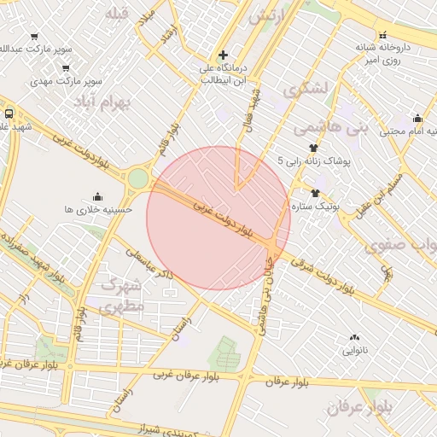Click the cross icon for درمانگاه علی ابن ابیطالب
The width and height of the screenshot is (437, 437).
click(x=223, y=55)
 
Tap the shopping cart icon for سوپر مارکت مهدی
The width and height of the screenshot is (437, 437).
click(x=67, y=67)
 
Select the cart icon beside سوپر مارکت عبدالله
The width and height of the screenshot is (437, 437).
click(x=34, y=36)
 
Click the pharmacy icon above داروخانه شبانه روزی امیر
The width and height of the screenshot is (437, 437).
click(x=385, y=35)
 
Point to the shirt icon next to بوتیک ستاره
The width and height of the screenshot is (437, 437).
click(x=315, y=193)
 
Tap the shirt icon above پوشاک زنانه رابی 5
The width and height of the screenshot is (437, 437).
click(x=312, y=148)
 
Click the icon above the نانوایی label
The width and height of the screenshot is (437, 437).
click(x=354, y=338)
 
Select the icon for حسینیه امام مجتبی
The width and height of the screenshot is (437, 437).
click(x=417, y=119)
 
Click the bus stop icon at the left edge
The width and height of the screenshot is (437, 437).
click(x=9, y=113)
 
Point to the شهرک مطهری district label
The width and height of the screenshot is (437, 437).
click(x=123, y=294)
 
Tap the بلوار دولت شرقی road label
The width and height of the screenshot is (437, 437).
click(x=323, y=274)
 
